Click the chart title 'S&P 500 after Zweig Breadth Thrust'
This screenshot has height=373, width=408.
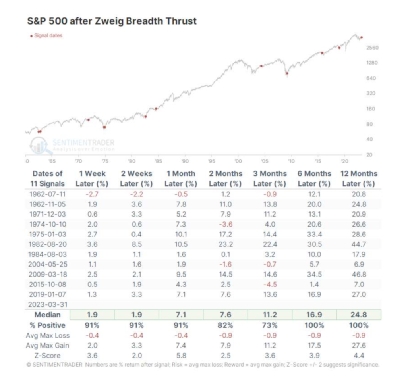(111, 21)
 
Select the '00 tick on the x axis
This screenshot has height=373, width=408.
(238, 162)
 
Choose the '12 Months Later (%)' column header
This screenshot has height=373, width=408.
(359, 179)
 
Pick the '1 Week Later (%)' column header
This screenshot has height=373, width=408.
(92, 179)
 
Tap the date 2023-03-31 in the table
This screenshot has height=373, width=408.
(47, 305)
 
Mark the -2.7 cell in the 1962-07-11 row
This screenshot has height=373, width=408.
(92, 194)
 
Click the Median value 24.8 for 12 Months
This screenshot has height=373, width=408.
(359, 315)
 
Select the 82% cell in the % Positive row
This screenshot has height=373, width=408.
(225, 325)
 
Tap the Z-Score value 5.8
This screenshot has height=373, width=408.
(181, 355)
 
